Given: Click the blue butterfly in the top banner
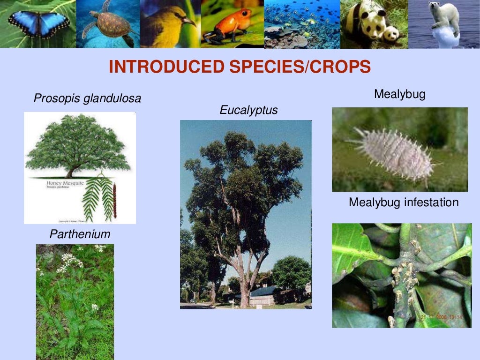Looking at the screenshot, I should tap(38, 23).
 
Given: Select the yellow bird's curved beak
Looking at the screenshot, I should tap(189, 22).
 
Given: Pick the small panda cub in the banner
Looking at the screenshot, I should tap(390, 34).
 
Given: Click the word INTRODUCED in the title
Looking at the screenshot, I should tap(166, 67).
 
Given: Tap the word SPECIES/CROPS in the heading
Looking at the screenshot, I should tap(300, 67).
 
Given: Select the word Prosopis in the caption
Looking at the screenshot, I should tap(56, 99).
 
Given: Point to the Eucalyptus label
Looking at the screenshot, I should tap(248, 110).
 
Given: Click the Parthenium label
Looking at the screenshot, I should tap(80, 234).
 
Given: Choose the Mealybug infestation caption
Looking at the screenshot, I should tap(404, 202).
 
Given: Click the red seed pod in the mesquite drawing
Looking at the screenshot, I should tap(114, 202).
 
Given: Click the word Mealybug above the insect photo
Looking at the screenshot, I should tap(399, 94).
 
